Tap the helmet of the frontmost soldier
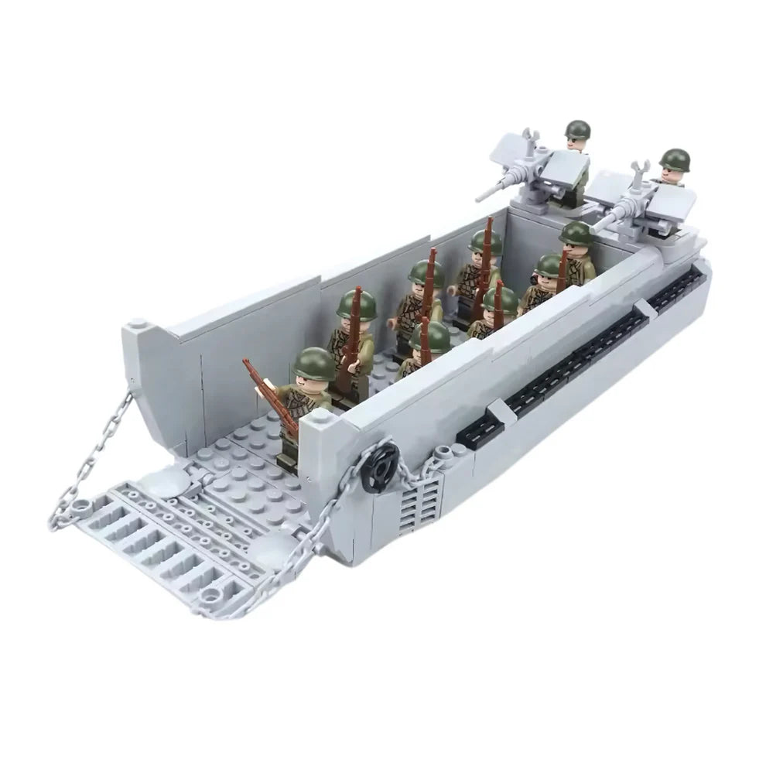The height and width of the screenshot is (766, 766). (x=312, y=362)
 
